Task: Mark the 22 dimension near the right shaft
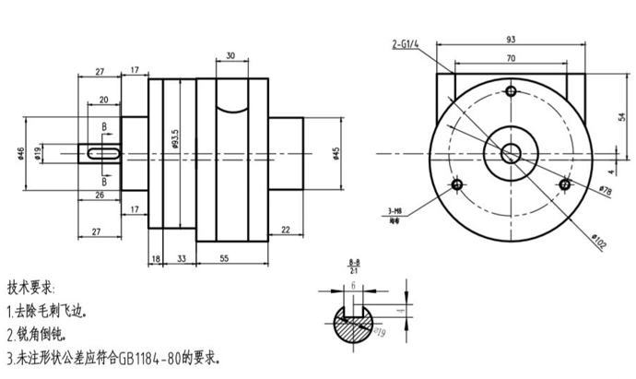click(286, 230)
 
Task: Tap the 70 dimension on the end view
click(511, 59)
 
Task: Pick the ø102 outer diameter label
click(597, 242)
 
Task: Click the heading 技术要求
click(31, 288)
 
